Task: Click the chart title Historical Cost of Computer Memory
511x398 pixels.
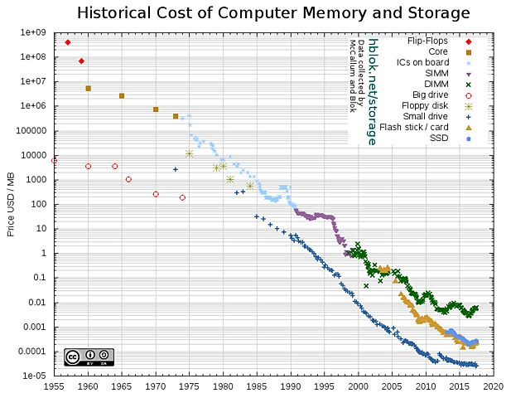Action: pos(273,13)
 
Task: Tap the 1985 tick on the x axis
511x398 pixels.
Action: pos(257,386)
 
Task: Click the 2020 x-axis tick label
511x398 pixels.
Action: pos(494,386)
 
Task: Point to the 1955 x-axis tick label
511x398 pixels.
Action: pos(54,386)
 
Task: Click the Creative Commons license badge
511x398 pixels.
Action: pos(89,357)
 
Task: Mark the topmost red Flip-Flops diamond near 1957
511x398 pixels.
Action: pos(67,42)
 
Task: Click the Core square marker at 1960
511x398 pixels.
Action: pos(88,88)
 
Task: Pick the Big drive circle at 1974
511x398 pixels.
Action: pos(182,197)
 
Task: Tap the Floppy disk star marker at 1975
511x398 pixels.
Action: pos(190,153)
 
